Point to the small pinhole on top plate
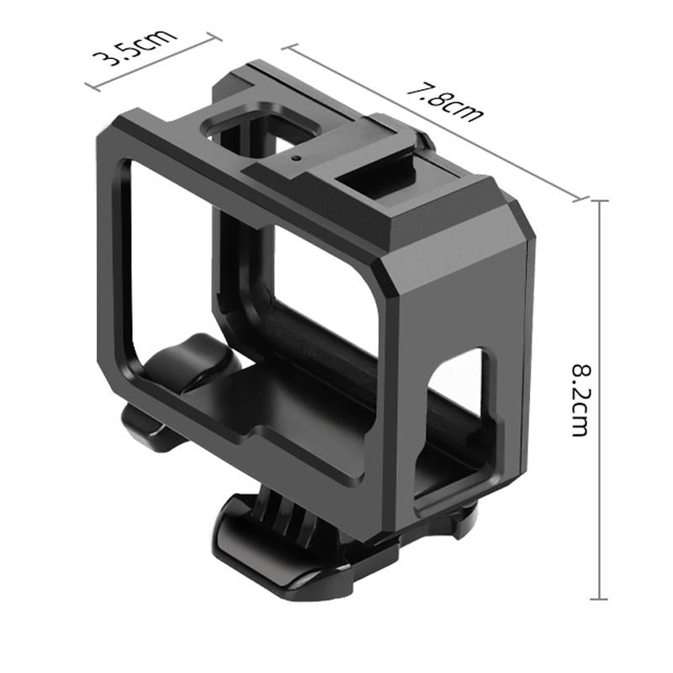coord(295,157)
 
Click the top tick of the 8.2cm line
coord(599,202)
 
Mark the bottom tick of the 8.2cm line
coord(599,599)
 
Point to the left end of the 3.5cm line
coord(89,87)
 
